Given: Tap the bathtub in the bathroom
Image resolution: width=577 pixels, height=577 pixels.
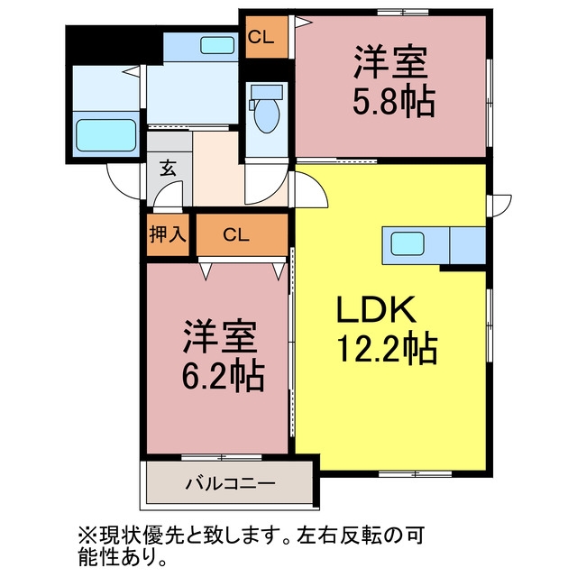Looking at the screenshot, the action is [x=106, y=135].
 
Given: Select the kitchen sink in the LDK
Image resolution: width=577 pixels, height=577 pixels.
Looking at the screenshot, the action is [x=407, y=244].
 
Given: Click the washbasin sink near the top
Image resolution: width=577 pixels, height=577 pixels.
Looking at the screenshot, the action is [x=217, y=46].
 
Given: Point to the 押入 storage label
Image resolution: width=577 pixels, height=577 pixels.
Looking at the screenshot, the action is [x=168, y=234].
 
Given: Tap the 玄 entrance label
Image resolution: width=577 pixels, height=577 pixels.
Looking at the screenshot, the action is [x=168, y=169].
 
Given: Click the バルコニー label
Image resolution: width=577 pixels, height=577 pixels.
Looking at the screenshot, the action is [x=231, y=483].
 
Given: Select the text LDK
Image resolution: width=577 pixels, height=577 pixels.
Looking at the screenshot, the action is [x=377, y=309].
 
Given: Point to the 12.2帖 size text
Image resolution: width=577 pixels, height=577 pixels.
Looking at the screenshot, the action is [x=387, y=349].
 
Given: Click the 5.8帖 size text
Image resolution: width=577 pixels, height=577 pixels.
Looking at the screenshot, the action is [x=394, y=101].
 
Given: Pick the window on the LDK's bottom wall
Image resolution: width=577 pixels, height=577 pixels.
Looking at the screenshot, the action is [x=416, y=473].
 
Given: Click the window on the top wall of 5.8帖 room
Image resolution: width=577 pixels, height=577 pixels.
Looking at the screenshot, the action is [x=403, y=13].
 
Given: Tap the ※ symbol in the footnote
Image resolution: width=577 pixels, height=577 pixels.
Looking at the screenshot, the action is [x=87, y=536].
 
